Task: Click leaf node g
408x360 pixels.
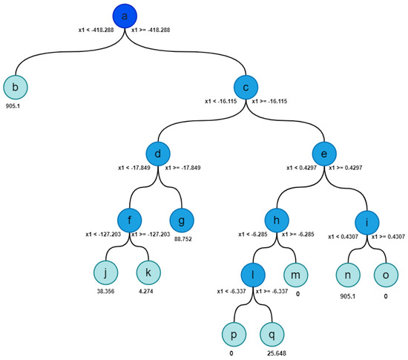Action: pyautogui.click(x=182, y=220)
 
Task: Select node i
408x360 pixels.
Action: pyautogui.click(x=369, y=220)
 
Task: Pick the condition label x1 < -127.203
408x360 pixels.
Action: pyautogui.click(x=108, y=234)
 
